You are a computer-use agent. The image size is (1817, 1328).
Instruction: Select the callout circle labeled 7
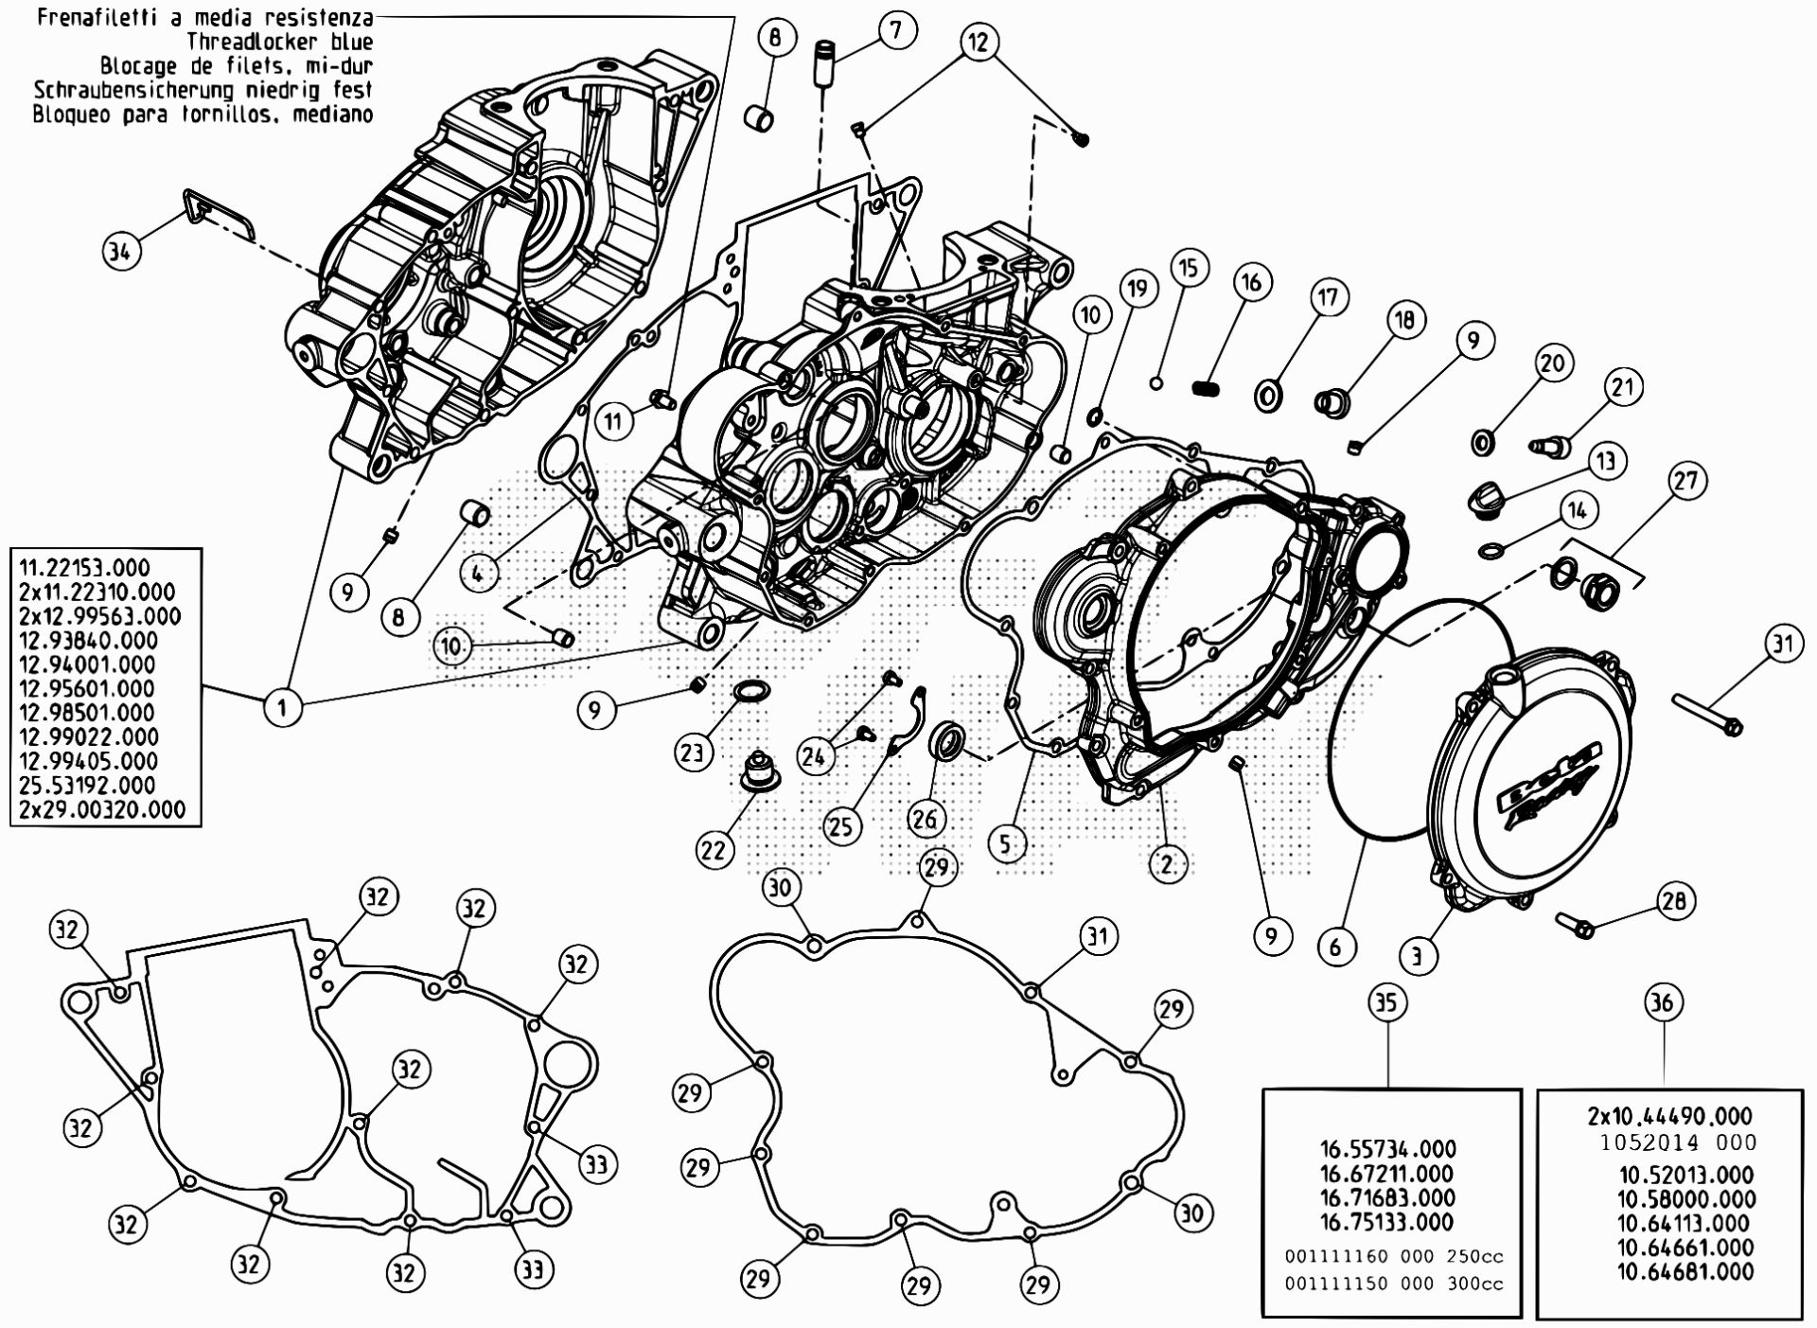[x=894, y=29]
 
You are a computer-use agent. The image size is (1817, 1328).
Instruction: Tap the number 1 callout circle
[x=282, y=706]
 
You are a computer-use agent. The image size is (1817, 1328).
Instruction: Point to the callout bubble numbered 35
[x=1385, y=1002]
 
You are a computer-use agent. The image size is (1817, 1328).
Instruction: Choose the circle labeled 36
[x=1663, y=1002]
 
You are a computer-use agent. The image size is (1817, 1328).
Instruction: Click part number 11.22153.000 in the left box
[x=84, y=568]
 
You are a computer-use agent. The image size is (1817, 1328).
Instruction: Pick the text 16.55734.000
[x=1387, y=1149]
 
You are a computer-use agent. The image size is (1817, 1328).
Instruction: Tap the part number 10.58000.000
[x=1685, y=1199]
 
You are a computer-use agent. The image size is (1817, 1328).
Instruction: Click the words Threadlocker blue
[x=279, y=42]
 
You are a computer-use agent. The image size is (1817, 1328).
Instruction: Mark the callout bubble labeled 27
[x=1686, y=480]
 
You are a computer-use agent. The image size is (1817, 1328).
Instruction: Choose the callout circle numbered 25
[x=840, y=826]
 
